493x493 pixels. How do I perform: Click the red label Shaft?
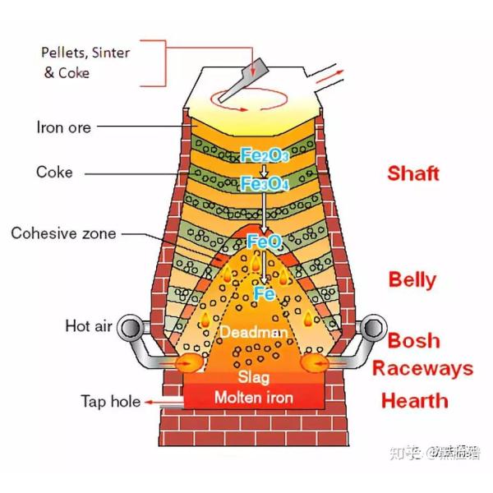413,173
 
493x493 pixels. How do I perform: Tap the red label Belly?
412,279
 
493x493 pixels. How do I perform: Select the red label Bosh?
413,340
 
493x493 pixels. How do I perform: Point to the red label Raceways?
422,367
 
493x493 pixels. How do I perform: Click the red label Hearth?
414,401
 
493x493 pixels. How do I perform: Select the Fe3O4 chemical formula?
264,184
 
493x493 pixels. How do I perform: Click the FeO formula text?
264,241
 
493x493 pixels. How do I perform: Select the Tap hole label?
109,402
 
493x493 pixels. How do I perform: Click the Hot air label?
88,326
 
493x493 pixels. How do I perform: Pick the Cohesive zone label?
63,233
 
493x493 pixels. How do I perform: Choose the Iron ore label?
63,127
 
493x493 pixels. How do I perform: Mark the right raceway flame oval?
316,362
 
